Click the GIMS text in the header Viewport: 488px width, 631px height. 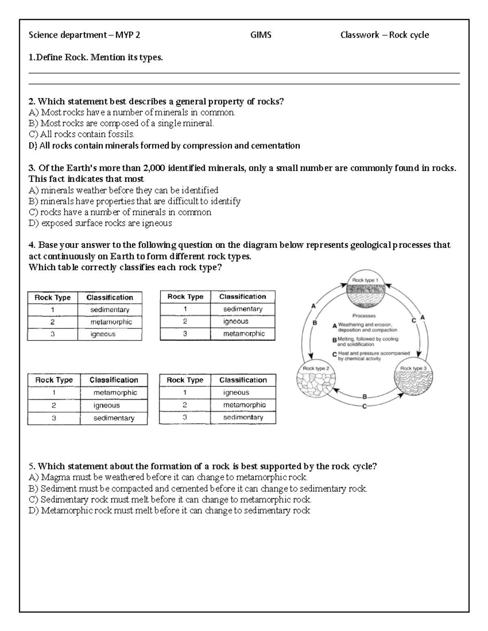pos(261,35)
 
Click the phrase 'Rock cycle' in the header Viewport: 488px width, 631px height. pos(409,35)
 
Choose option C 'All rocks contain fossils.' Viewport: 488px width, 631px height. pos(81,134)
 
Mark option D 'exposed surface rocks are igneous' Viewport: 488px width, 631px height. pos(100,223)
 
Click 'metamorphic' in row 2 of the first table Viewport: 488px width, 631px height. pos(111,322)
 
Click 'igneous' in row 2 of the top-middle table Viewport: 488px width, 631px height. pos(235,321)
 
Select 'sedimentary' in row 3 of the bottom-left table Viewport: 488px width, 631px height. pos(113,418)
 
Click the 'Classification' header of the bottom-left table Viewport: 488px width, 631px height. pos(113,380)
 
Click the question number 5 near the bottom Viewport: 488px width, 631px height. pos(31,466)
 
